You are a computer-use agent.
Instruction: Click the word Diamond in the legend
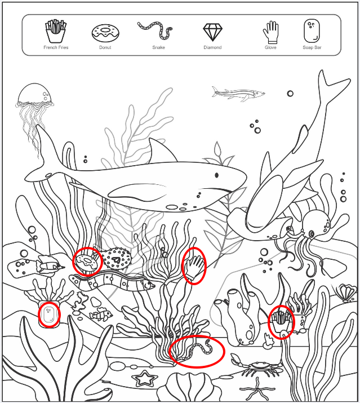point(212,47)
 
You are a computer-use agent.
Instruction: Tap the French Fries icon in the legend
point(56,31)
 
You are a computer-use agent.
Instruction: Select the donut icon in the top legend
point(105,33)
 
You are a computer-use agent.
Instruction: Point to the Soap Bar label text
point(312,47)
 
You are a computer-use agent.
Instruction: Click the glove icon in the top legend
point(270,32)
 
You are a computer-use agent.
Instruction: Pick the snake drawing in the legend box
point(155,30)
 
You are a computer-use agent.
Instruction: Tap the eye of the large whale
point(216,175)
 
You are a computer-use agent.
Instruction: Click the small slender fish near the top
point(238,94)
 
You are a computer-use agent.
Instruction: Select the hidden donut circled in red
point(87,263)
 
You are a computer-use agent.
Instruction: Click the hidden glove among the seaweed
point(194,267)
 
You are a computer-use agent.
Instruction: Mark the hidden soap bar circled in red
point(49,315)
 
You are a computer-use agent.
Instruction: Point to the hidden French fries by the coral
point(281,321)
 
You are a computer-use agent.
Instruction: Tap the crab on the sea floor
point(256,365)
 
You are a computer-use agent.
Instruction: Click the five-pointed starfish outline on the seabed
point(145,378)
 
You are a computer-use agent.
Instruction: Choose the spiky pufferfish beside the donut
point(117,259)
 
